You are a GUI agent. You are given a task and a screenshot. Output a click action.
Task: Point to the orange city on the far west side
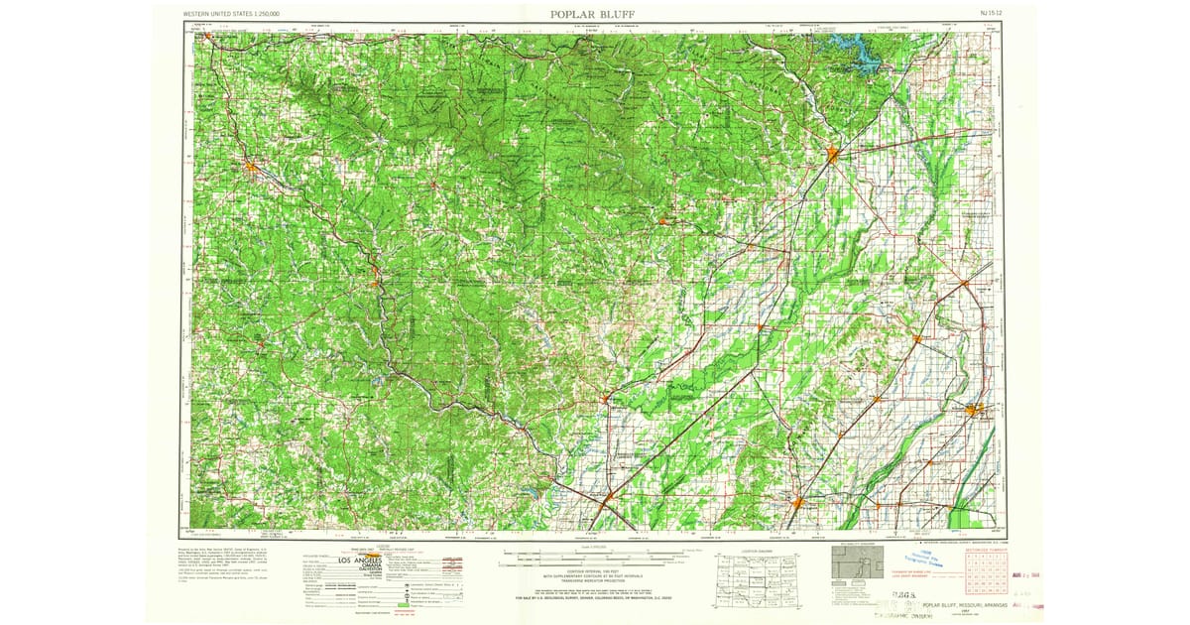[x=252, y=167]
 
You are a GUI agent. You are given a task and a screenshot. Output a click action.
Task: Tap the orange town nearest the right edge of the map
[x=975, y=408]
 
